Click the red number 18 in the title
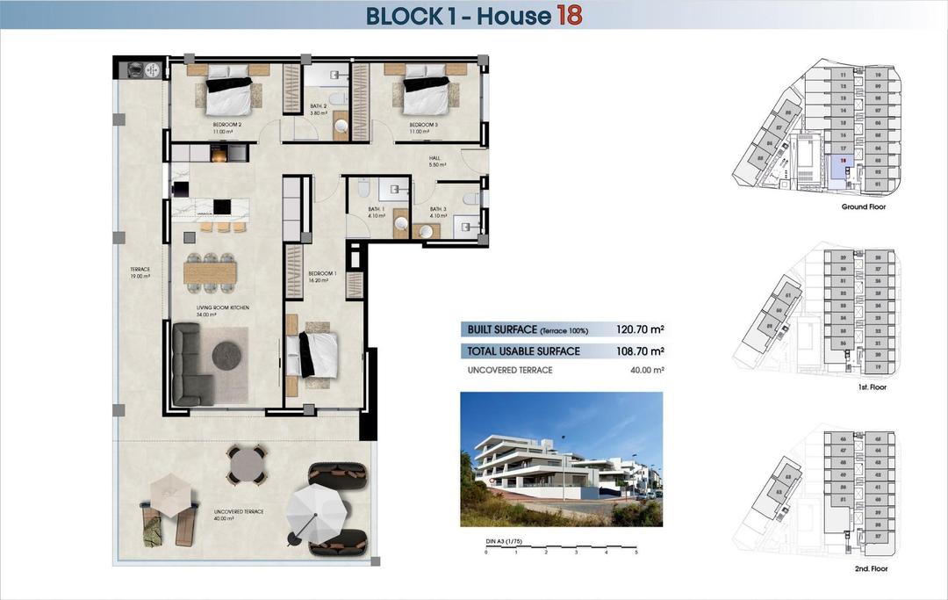point(568,15)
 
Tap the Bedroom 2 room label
point(227,125)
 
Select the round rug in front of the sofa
point(226,355)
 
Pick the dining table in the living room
point(211,273)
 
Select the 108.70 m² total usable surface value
point(640,351)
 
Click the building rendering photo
point(561,459)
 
